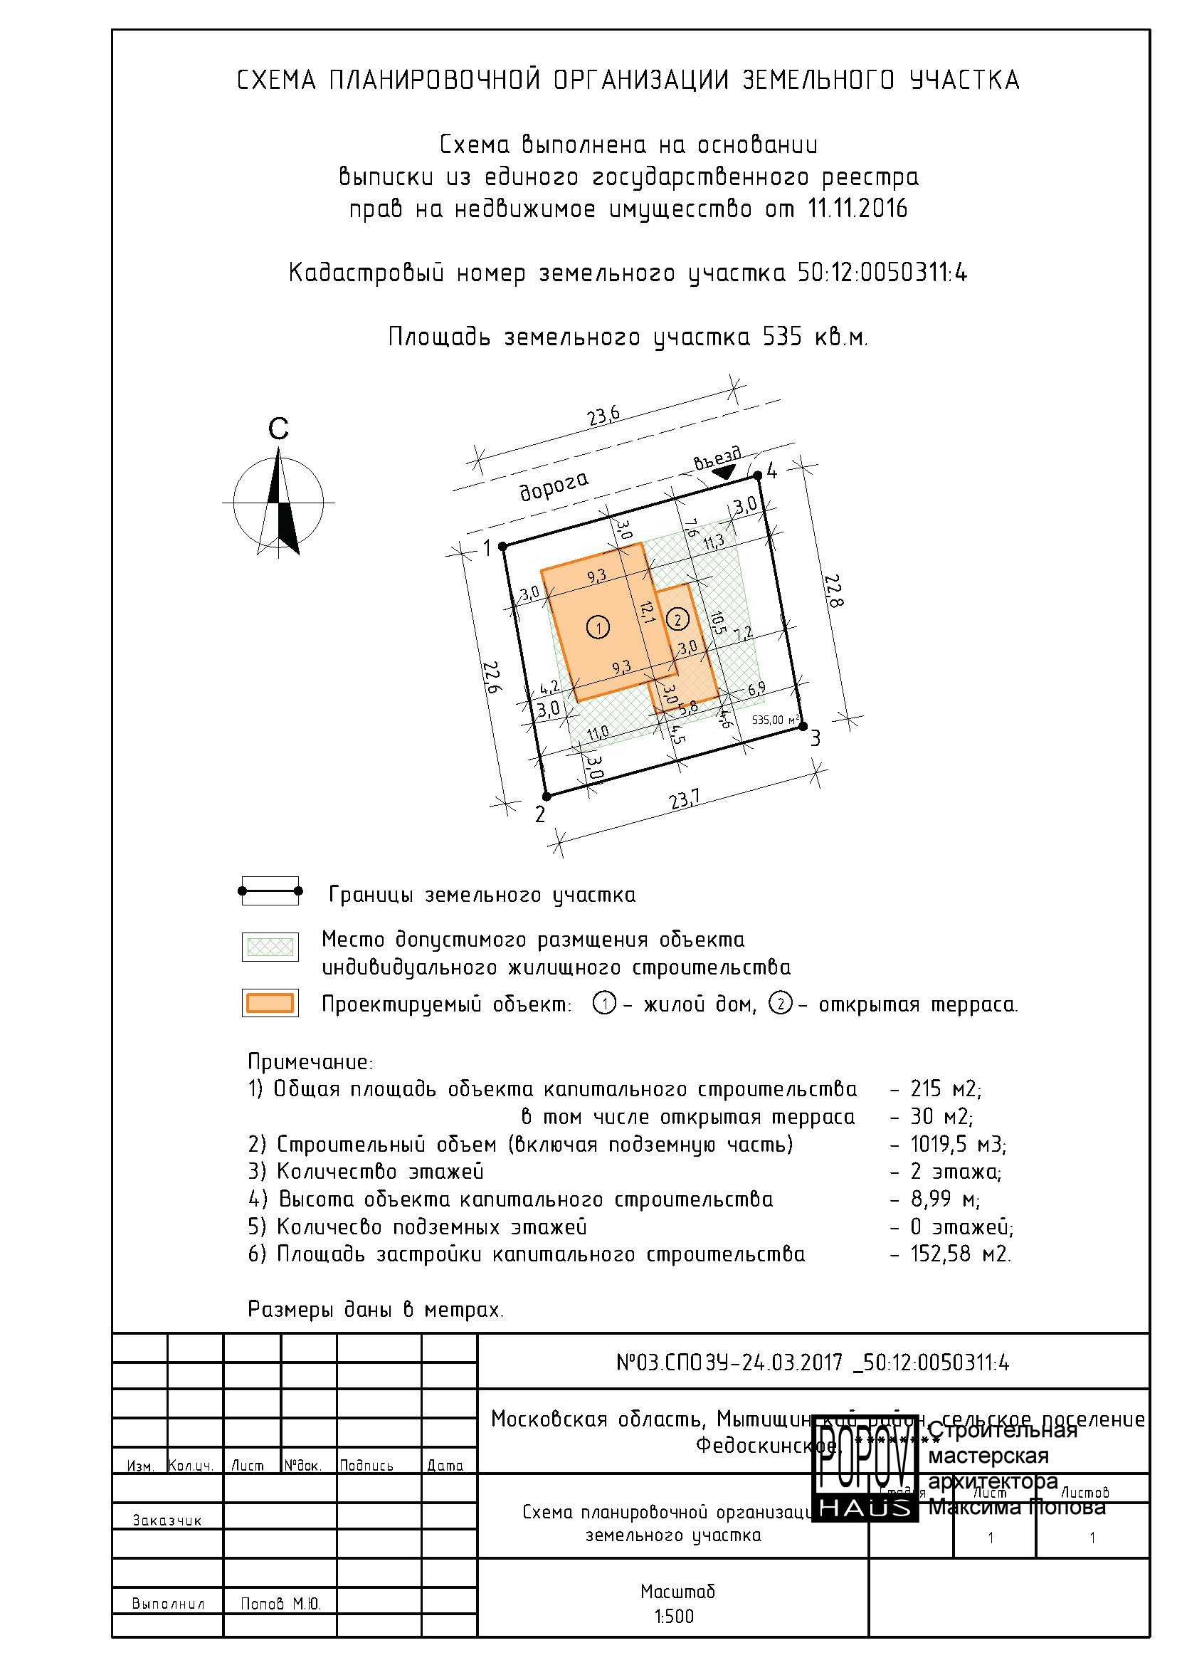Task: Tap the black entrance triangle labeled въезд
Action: tap(722, 472)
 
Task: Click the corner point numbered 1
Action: tap(504, 546)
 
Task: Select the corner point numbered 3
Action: tap(802, 725)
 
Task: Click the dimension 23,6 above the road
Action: tap(603, 416)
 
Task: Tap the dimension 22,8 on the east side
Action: tap(834, 591)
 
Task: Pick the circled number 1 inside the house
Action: tap(598, 626)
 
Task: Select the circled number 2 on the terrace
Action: tap(677, 619)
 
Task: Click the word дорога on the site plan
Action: tap(554, 485)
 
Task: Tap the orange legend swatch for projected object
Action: tap(270, 1003)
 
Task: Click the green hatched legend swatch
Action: tap(270, 946)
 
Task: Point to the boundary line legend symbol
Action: tap(270, 891)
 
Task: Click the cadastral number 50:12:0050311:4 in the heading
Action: tap(882, 273)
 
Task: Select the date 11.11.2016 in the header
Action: tap(857, 209)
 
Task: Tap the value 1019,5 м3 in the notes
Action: tap(957, 1145)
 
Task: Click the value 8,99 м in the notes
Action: tap(944, 1199)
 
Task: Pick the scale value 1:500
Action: tap(673, 1617)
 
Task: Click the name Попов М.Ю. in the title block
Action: tap(280, 1604)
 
